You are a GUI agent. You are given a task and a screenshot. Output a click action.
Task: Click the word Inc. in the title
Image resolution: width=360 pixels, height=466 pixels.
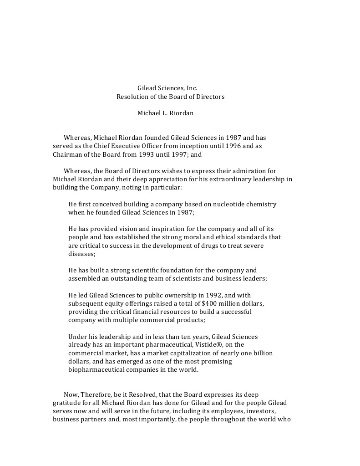(x=192, y=88)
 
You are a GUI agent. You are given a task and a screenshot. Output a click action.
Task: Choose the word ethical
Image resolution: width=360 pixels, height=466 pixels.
(x=201, y=237)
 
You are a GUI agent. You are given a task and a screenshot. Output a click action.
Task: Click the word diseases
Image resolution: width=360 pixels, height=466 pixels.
(x=81, y=254)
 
